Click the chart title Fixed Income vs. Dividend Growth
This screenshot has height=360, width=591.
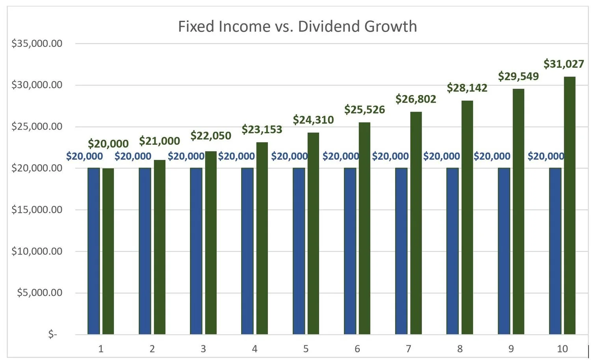point(297,26)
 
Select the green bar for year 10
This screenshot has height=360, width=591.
point(569,205)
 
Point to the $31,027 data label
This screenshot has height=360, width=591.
point(563,64)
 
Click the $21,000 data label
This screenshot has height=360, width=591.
point(160,141)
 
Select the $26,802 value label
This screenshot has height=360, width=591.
point(416,99)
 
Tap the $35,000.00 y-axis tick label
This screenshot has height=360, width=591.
point(37,43)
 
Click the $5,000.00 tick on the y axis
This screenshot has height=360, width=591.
point(39,293)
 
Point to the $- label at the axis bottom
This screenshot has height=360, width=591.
point(52,335)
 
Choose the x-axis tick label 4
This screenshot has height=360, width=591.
point(255,349)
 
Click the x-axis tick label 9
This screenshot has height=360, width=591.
point(511,349)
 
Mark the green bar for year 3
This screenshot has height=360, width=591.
point(211,242)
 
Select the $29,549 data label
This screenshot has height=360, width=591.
point(518,76)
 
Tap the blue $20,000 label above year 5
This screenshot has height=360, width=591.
point(289,156)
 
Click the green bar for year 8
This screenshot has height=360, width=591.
point(467,217)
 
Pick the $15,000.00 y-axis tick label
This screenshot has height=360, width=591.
point(37,210)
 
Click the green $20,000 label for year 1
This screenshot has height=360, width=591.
point(108,144)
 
